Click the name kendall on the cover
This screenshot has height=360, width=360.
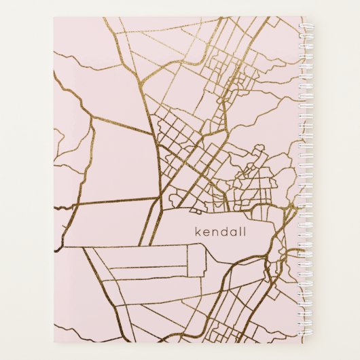click(221, 232)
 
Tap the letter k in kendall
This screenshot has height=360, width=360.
click(198, 232)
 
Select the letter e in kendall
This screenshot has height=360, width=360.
click(206, 234)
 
